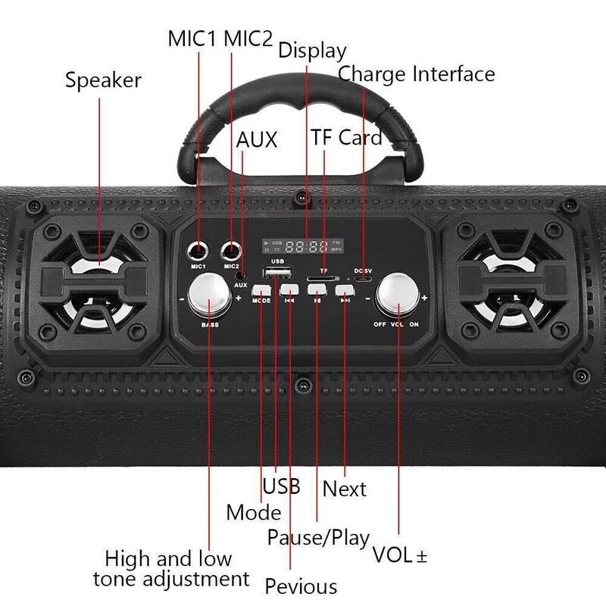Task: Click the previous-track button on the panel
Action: click(x=289, y=290)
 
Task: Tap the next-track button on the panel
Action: click(x=345, y=290)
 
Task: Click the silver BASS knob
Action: click(x=210, y=297)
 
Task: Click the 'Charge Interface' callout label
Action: click(x=416, y=74)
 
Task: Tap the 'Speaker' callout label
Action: click(x=103, y=80)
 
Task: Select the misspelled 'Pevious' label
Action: click(x=300, y=586)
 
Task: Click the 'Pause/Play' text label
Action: click(x=318, y=538)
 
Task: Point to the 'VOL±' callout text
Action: click(x=400, y=555)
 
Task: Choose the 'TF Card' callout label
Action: click(x=346, y=138)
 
